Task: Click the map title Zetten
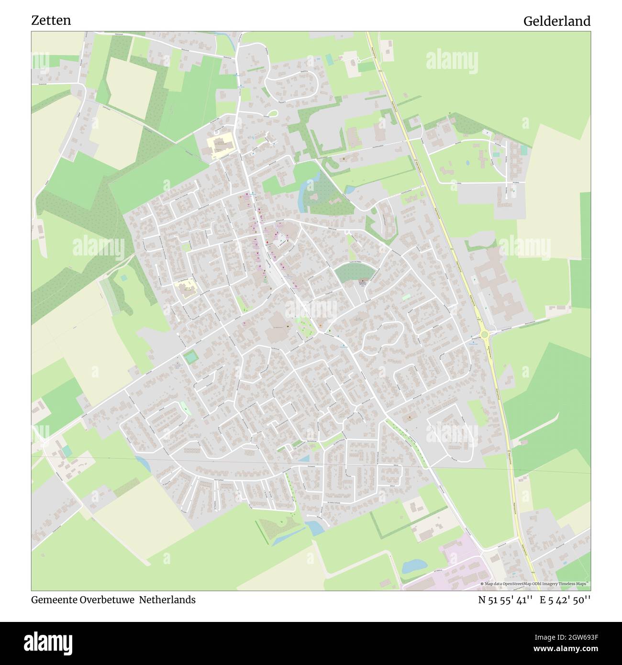click(x=51, y=21)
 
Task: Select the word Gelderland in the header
click(x=556, y=21)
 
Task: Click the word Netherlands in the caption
click(x=167, y=600)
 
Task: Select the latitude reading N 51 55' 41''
click(x=505, y=600)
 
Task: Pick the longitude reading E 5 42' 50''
click(x=565, y=600)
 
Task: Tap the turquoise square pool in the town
click(x=190, y=357)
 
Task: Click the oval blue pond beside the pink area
click(x=414, y=567)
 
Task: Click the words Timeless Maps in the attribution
click(x=574, y=584)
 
